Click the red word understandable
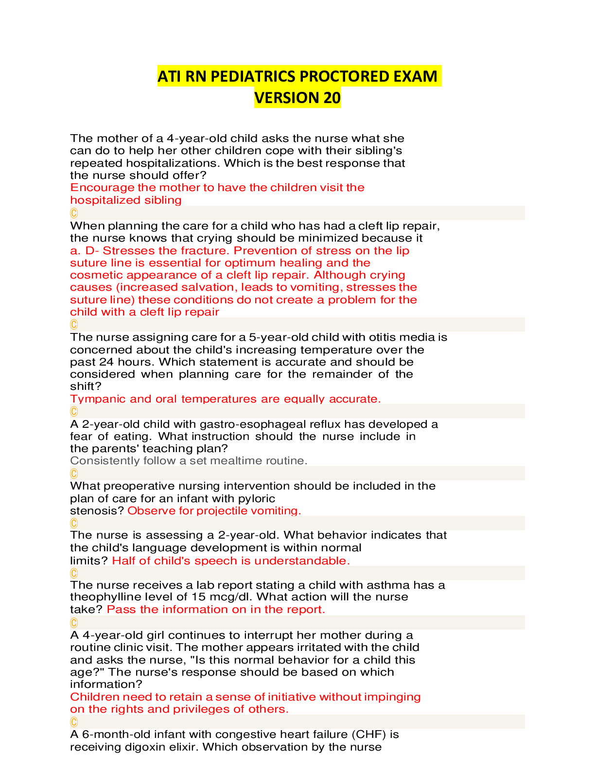[302, 560]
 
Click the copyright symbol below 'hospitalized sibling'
[74, 213]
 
